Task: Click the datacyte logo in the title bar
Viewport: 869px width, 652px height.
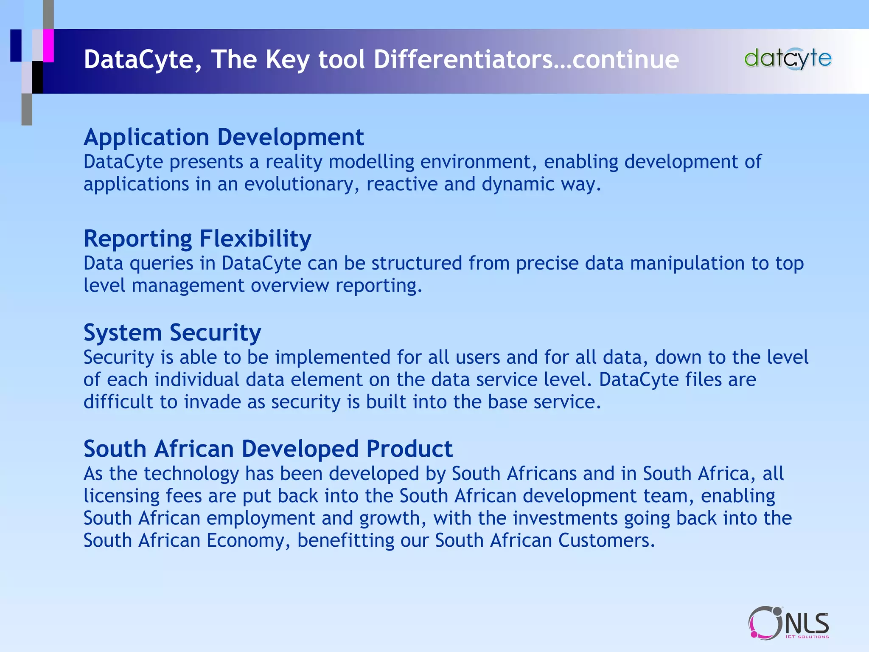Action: (788, 59)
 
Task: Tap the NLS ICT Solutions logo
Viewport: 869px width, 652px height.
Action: (788, 623)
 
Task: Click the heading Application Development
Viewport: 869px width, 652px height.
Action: (224, 137)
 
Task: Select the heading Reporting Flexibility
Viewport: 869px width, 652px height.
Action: (197, 239)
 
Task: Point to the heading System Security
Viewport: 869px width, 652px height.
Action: (172, 332)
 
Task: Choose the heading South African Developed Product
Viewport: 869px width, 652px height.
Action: (268, 449)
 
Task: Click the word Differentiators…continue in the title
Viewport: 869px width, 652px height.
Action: (526, 59)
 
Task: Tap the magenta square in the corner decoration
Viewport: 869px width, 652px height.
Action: (48, 45)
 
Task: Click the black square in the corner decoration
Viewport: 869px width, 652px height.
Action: (38, 77)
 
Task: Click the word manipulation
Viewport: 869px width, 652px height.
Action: (687, 263)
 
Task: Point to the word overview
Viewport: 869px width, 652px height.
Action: (290, 286)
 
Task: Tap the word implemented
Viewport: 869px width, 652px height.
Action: (332, 357)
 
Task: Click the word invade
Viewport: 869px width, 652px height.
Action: (212, 402)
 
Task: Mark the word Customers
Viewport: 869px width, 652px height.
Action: (607, 541)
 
